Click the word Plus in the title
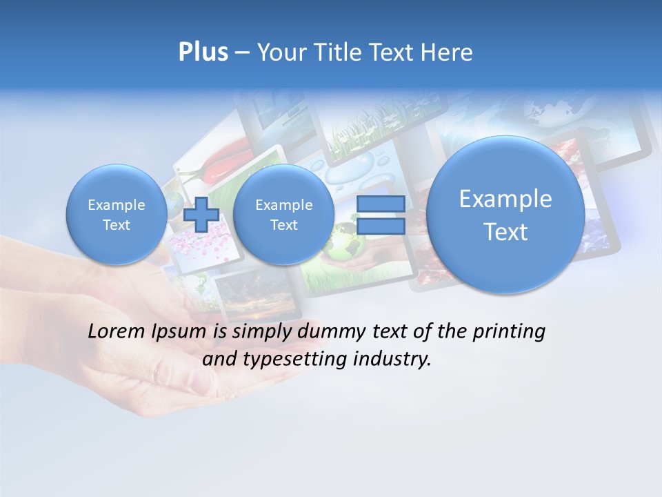tap(203, 52)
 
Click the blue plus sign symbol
tap(201, 214)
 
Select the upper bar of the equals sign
tap(381, 204)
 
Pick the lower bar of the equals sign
tap(381, 225)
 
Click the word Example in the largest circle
tap(505, 199)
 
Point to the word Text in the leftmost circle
tap(116, 225)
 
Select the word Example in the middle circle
tap(283, 205)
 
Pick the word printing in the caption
tap(509, 332)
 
